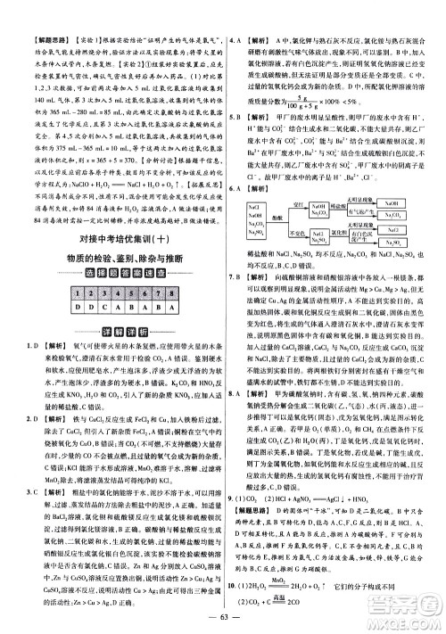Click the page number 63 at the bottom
tap(223, 618)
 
